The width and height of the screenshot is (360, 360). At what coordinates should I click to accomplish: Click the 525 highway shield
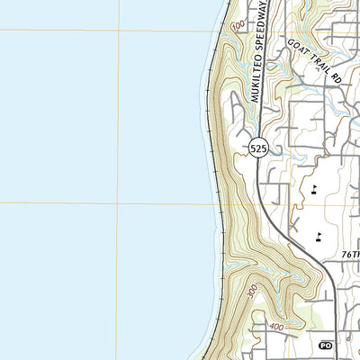pyautogui.click(x=258, y=149)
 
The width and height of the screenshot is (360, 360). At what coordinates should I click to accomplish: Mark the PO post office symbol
pyautogui.click(x=326, y=345)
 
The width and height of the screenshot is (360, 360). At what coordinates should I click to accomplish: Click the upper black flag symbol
pyautogui.click(x=314, y=188)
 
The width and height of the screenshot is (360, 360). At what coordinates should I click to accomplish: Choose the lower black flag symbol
pyautogui.click(x=319, y=237)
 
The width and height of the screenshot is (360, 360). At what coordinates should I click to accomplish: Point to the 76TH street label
pyautogui.click(x=350, y=256)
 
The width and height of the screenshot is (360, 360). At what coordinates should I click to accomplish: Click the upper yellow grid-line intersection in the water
pyautogui.click(x=118, y=31)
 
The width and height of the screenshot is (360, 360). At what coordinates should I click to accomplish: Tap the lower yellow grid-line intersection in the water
pyautogui.click(x=118, y=203)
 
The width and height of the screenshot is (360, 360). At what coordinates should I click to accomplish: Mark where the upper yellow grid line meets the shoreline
pyautogui.click(x=214, y=31)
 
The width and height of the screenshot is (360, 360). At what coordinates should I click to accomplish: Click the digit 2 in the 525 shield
pyautogui.click(x=258, y=149)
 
